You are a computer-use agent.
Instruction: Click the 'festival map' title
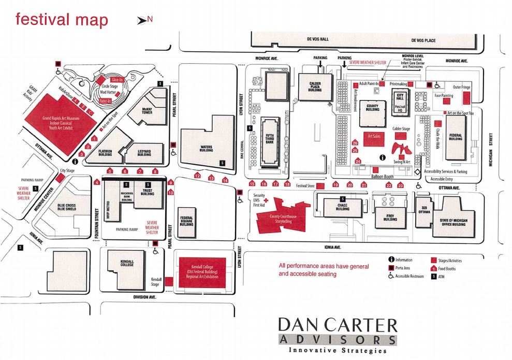click(62, 20)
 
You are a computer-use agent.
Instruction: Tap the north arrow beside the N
click(140, 20)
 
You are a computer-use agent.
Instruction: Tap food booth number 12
click(197, 176)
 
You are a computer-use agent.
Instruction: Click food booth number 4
click(97, 182)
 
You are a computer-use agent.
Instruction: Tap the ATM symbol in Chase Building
click(342, 198)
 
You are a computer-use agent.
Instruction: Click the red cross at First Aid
click(267, 199)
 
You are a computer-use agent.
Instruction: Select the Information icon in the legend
click(390, 260)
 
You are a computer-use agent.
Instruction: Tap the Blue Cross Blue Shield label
click(67, 207)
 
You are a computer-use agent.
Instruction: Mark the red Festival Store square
click(320, 185)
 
